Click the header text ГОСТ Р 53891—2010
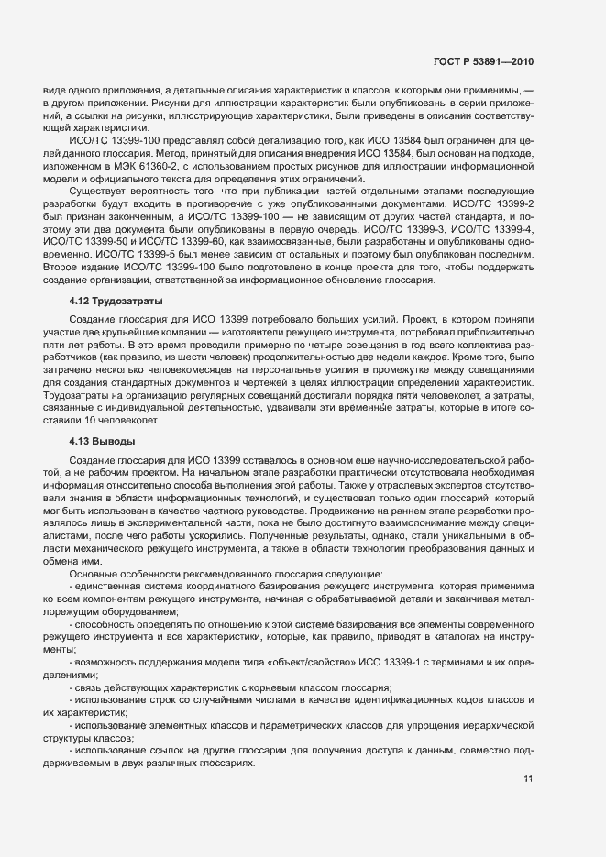coord(482,61)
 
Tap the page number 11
coord(528,779)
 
